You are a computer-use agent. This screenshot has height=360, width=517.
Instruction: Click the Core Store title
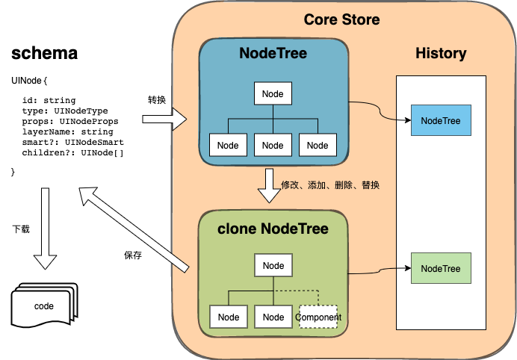pos(341,19)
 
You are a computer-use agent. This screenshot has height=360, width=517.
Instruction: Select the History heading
pos(441,53)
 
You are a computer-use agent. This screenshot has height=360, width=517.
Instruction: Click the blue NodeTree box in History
pos(441,120)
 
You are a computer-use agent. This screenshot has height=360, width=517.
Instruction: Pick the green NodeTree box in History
pos(441,268)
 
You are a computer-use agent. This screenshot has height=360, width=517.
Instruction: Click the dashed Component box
pos(318,317)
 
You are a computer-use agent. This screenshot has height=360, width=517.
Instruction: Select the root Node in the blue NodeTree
pos(273,93)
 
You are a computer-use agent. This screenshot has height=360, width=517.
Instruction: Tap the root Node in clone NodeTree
pos(273,266)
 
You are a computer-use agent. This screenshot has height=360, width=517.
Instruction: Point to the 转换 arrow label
pos(157,99)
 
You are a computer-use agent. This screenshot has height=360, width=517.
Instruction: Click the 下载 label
pos(22,229)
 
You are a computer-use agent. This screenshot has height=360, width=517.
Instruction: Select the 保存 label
pos(133,255)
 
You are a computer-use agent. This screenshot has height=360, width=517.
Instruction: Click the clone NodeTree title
pos(273,229)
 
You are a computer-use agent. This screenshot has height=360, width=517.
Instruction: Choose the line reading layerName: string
pos(68,131)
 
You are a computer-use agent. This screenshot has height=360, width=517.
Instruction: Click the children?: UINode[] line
pos(73,152)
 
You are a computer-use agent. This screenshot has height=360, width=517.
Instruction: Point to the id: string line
pos(49,100)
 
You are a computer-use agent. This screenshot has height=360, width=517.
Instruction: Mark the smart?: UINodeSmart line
pos(73,142)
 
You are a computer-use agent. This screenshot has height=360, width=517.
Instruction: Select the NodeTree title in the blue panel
pos(273,54)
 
